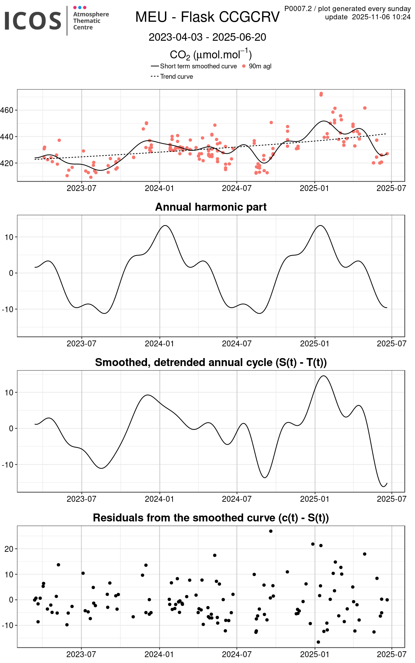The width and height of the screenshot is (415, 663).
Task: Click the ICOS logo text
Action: (33, 20)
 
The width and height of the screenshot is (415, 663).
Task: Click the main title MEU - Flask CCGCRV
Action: (207, 17)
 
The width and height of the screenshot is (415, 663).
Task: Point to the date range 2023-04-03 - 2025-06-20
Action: (207, 37)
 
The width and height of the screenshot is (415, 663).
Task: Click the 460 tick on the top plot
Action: (7, 110)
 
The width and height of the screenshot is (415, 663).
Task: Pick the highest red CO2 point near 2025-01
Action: (321, 94)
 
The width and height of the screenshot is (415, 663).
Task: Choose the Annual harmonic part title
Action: (211, 207)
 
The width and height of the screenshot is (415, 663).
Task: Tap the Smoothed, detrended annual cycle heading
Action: (211, 362)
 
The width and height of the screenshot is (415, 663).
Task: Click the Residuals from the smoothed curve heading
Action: (211, 518)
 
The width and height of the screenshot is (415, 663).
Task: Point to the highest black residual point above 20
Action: (271, 531)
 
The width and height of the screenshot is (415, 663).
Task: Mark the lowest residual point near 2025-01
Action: (318, 642)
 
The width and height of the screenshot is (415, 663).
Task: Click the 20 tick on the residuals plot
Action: (9, 549)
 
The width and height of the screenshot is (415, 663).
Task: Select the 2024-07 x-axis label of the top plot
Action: (237, 189)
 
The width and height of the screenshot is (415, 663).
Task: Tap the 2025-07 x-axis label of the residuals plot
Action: (391, 654)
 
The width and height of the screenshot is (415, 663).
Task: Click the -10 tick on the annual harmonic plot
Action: (8, 309)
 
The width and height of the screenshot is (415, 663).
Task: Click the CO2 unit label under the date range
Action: (211, 55)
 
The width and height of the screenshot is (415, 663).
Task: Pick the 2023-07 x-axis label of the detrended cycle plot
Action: (81, 499)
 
